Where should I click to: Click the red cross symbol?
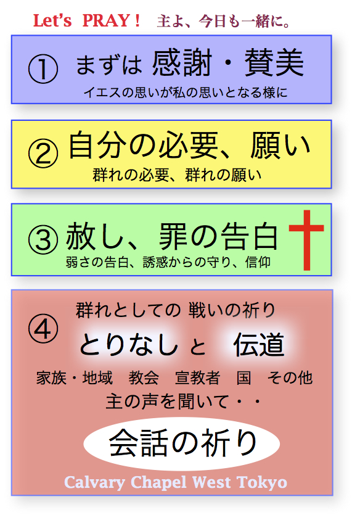click(x=307, y=240)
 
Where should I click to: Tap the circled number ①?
click(x=43, y=68)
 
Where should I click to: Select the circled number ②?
click(x=43, y=154)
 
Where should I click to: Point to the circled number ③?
click(x=43, y=240)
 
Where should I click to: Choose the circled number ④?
click(x=43, y=329)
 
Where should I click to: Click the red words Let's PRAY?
click(x=87, y=21)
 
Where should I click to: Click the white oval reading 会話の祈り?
click(x=181, y=443)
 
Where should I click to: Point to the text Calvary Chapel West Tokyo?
click(x=176, y=482)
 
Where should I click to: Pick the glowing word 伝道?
click(x=259, y=345)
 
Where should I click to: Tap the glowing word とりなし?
click(x=129, y=345)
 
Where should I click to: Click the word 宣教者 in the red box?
click(x=197, y=377)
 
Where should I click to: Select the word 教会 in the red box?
click(x=144, y=377)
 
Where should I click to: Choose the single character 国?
click(x=244, y=377)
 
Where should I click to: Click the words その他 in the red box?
click(x=290, y=377)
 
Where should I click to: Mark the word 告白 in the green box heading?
click(x=250, y=236)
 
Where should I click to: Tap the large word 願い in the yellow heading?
click(x=280, y=146)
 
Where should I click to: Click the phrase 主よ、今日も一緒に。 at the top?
click(x=224, y=22)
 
